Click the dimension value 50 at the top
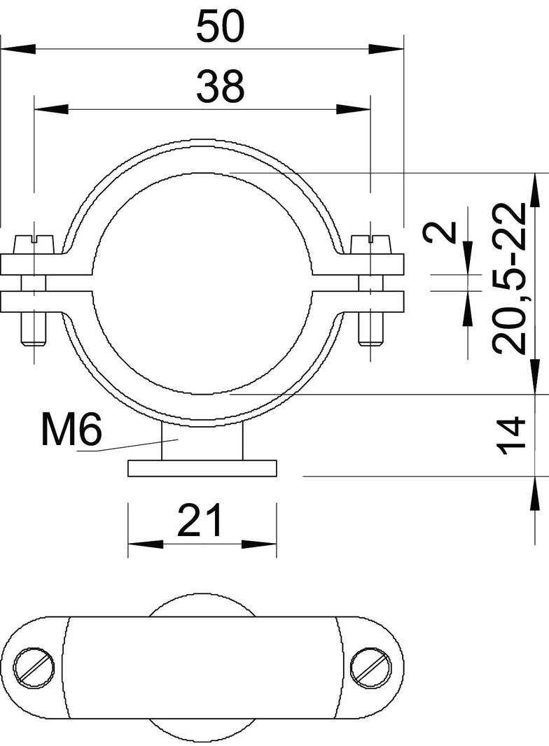tap(220, 27)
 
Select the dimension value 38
tap(220, 87)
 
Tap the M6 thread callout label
tap(71, 430)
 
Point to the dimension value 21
tap(200, 520)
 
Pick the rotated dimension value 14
tap(510, 436)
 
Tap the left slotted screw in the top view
tap(34, 667)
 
